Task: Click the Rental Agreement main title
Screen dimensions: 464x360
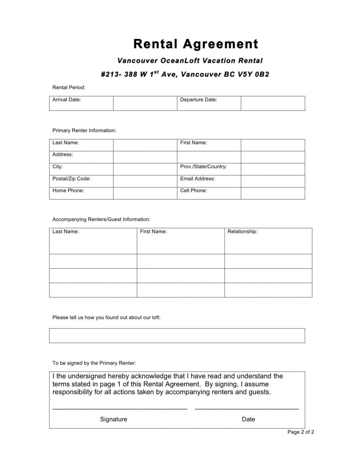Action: pyautogui.click(x=196, y=44)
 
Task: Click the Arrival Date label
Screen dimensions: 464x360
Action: pyautogui.click(x=67, y=100)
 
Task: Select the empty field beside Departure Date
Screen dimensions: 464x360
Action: pyautogui.click(x=273, y=103)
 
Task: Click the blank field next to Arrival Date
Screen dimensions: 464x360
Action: pyautogui.click(x=145, y=103)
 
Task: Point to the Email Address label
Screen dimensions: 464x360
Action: pyautogui.click(x=197, y=179)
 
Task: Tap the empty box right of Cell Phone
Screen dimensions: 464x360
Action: pyautogui.click(x=273, y=193)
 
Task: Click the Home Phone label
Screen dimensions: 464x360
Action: pyautogui.click(x=68, y=190)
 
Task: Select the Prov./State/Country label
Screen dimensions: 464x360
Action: pyautogui.click(x=203, y=167)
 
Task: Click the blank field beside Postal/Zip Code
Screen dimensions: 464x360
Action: pyautogui.click(x=145, y=181)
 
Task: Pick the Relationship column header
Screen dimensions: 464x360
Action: pyautogui.click(x=242, y=231)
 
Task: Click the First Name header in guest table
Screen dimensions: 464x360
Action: pyautogui.click(x=153, y=231)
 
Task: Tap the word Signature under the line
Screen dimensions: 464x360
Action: pyautogui.click(x=113, y=419)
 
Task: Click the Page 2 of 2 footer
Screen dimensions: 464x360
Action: pyautogui.click(x=301, y=432)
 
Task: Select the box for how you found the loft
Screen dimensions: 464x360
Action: pyautogui.click(x=177, y=336)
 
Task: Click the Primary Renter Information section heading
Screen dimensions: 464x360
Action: pyautogui.click(x=84, y=130)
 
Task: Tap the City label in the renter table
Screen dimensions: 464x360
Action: pyautogui.click(x=58, y=167)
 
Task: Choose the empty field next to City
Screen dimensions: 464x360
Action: pyautogui.click(x=145, y=169)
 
